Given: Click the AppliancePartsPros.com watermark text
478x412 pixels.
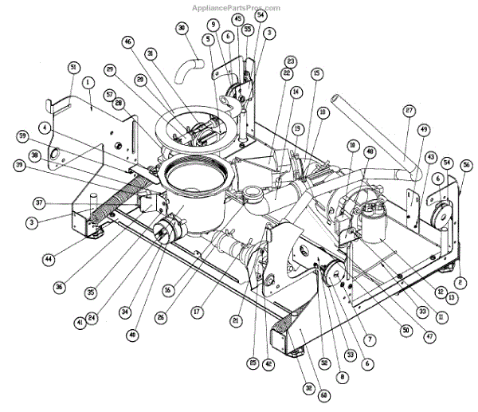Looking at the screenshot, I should (237, 8).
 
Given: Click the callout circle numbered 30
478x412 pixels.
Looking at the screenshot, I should (182, 29).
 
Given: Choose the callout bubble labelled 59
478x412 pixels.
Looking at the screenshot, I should (25, 135).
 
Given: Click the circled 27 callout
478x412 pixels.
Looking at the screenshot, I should (409, 111).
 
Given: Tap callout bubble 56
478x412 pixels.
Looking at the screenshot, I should (466, 164).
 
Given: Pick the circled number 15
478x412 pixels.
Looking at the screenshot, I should (316, 73).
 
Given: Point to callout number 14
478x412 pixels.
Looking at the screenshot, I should (296, 92).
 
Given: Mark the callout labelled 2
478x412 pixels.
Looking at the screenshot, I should (460, 282).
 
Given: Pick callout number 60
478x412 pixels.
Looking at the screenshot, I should (301, 396).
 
